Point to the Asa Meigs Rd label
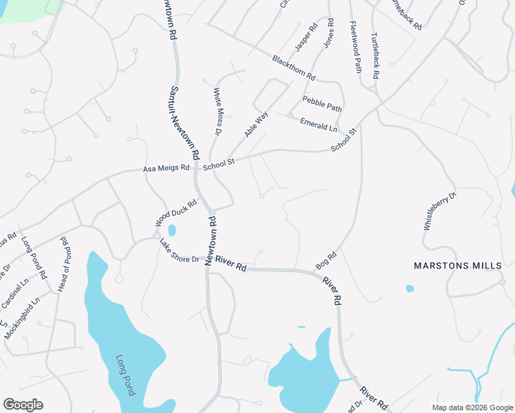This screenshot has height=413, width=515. click(x=165, y=167)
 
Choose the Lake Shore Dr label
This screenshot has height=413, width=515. click(x=179, y=251)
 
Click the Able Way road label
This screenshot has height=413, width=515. click(x=256, y=124)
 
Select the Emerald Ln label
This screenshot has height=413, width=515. click(x=319, y=125)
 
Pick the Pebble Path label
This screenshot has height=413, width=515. click(x=322, y=105)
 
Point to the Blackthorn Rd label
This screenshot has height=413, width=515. click(x=293, y=67)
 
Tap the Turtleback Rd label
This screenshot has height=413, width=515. click(x=376, y=56)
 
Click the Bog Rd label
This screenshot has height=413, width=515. click(x=326, y=260)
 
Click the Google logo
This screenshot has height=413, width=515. click(x=23, y=405)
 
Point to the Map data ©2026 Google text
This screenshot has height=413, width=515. click(x=472, y=407)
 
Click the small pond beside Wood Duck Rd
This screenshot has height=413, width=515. click(x=171, y=229)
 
